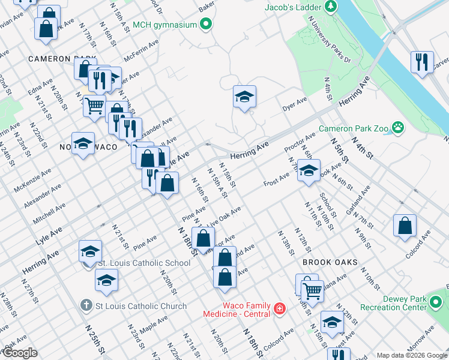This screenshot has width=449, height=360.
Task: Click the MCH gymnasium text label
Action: (x=164, y=25)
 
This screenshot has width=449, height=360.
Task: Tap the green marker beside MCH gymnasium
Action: (x=206, y=25)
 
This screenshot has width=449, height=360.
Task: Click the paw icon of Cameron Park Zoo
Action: (x=397, y=127)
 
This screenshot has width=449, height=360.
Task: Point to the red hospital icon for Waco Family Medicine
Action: (x=279, y=309)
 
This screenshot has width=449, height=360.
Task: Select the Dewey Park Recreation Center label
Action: (x=393, y=303)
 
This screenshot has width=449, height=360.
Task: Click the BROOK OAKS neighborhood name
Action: (x=330, y=263)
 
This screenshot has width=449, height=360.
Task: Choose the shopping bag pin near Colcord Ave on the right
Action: (x=405, y=226)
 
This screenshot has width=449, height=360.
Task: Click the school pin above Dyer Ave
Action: (x=244, y=97)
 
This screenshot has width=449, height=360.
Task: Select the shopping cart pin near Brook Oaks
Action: (x=312, y=291)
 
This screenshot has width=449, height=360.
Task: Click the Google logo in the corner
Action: (x=20, y=353)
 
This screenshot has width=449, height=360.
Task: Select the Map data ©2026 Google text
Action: (x=411, y=355)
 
